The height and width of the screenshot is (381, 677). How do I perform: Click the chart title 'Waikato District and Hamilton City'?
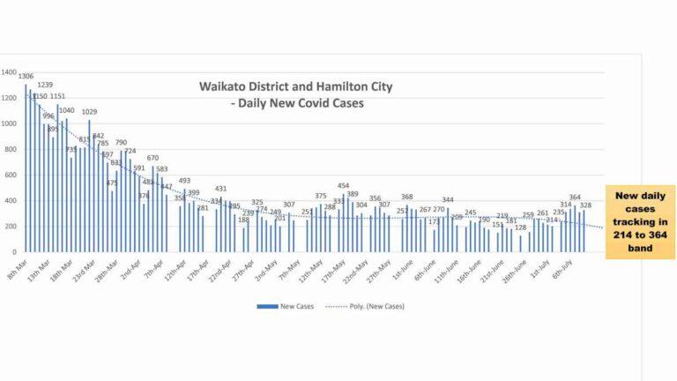tap(295, 87)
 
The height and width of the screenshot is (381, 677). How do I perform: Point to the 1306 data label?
tap(26, 76)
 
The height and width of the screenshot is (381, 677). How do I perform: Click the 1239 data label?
tap(45, 85)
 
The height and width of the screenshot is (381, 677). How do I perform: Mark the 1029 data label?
tap(89, 111)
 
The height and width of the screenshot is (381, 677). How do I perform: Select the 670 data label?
tap(153, 158)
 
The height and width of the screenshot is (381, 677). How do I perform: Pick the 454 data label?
tap(344, 186)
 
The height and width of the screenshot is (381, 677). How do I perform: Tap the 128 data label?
tap(520, 228)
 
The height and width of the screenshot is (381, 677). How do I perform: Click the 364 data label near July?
tap(575, 198)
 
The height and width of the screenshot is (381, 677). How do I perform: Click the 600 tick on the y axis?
tap(9, 175)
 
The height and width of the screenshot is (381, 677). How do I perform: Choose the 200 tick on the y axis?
tap(9, 226)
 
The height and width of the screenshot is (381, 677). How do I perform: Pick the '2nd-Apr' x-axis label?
tap(131, 267)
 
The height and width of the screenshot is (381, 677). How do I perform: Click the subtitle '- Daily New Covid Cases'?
tap(296, 103)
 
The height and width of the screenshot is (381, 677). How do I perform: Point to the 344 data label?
tap(448, 200)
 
